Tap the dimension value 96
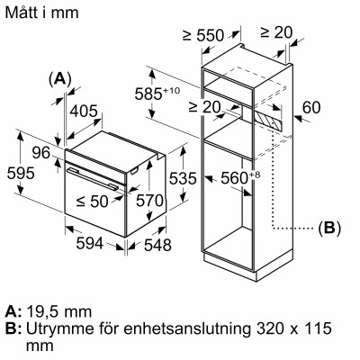click(41, 154)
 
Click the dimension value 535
click(182, 179)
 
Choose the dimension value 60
click(311, 108)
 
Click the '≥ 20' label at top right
click(276, 33)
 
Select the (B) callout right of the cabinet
click(329, 229)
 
